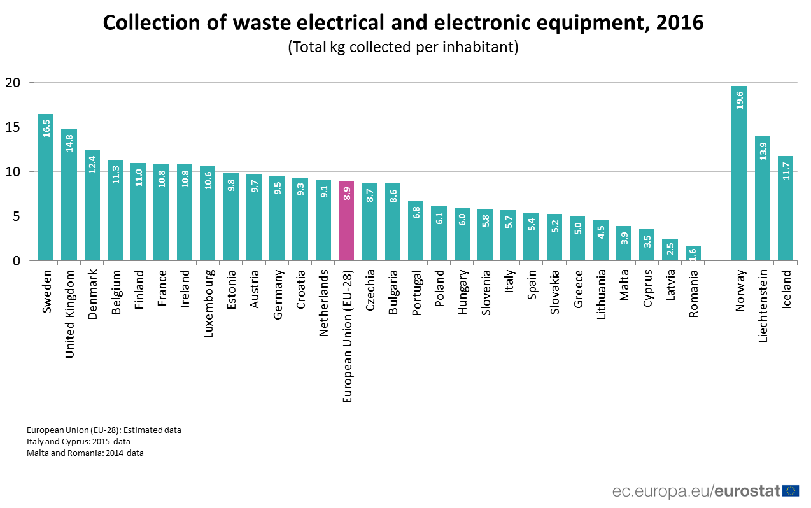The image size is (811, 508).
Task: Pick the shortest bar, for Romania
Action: point(693,253)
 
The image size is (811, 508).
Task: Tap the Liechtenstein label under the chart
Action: point(763,306)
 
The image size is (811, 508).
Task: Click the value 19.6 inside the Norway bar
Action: point(739,99)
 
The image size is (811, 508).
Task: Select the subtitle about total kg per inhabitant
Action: point(403,47)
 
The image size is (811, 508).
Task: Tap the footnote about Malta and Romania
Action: point(85,453)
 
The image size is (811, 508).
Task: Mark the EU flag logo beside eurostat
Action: point(791,490)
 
